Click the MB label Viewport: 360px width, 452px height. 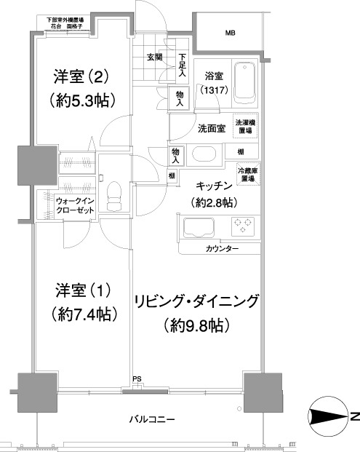pyautogui.click(x=230, y=33)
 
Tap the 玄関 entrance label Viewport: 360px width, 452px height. pyautogui.click(x=153, y=58)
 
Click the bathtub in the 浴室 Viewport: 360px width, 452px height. pyautogui.click(x=245, y=84)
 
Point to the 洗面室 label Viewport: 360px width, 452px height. pyautogui.click(x=211, y=128)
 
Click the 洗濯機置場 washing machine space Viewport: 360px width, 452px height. pyautogui.click(x=243, y=127)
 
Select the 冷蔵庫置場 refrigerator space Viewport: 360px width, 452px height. pyautogui.click(x=244, y=174)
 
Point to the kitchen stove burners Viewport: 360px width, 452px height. pyautogui.click(x=242, y=226)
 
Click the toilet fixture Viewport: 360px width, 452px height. pyautogui.click(x=113, y=194)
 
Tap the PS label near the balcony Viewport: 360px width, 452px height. pyautogui.click(x=137, y=378)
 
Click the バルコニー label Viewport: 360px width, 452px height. pyautogui.click(x=152, y=419)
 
